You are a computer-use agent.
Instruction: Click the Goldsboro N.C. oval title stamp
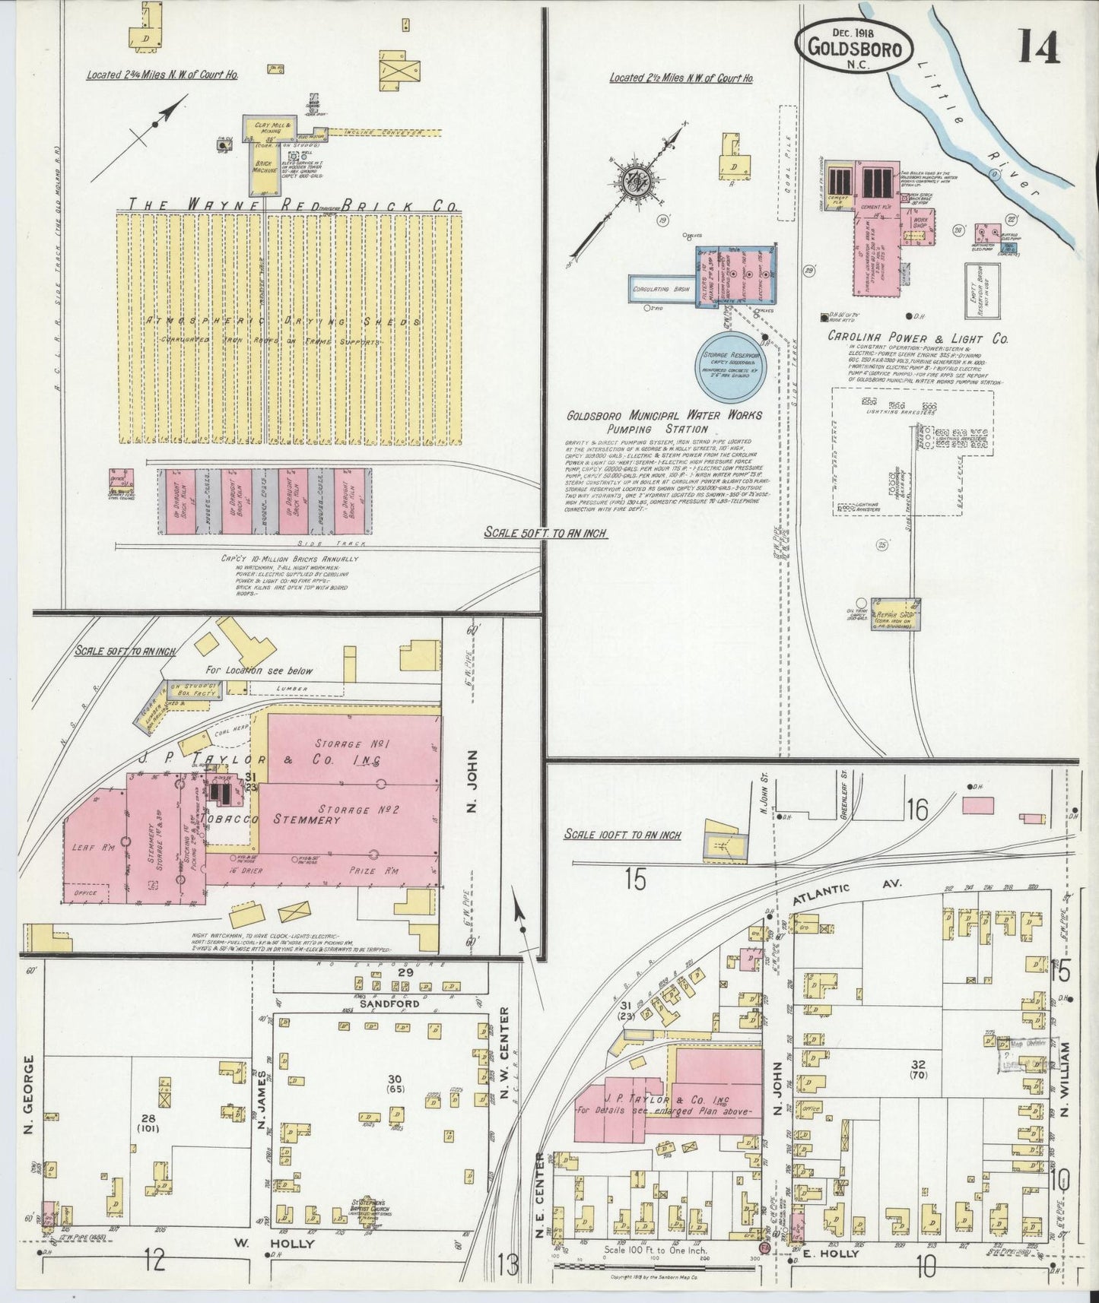pyautogui.click(x=855, y=47)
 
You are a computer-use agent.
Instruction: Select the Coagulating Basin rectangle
pyautogui.click(x=660, y=290)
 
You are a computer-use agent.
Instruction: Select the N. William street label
pyautogui.click(x=1065, y=1078)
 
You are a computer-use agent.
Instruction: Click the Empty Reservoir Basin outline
pyautogui.click(x=982, y=290)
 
